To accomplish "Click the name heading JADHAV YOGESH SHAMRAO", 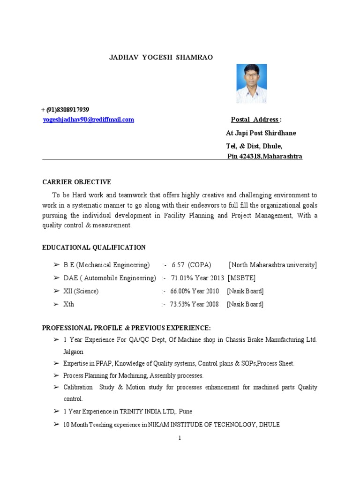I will pos(154,57).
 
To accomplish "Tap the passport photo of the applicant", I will pos(251,83).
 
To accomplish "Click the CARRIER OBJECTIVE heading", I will pos(76,182).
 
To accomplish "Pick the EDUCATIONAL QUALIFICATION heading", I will pos(94,247).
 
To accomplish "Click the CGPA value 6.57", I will pos(178,265).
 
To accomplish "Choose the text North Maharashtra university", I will pos(272,265).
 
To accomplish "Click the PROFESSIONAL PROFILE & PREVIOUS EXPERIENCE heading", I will pos(127,327).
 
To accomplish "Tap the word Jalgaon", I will pos(74,351).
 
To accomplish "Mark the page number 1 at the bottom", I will pos(180,438).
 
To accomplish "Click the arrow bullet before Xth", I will pos(56,304).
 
